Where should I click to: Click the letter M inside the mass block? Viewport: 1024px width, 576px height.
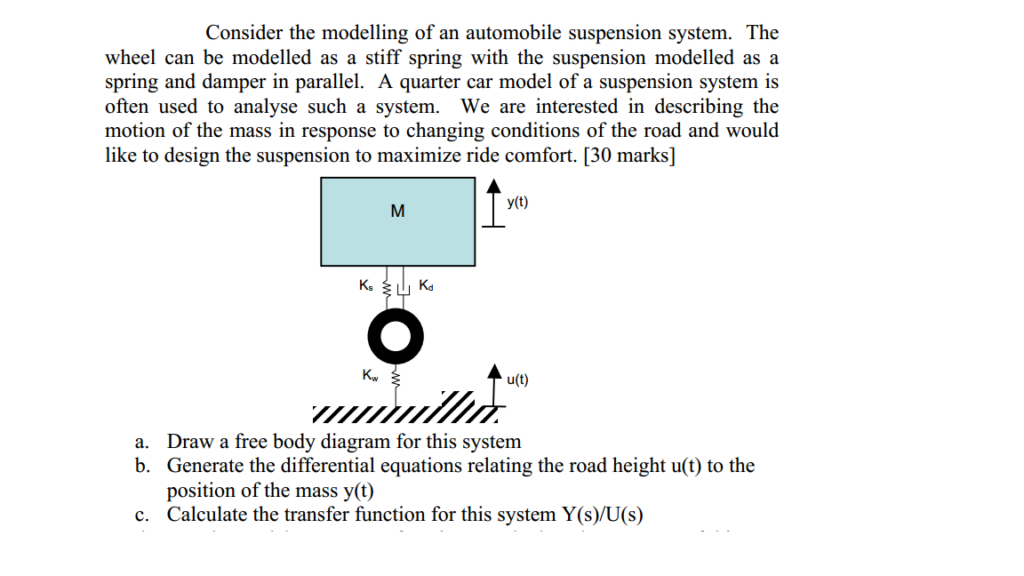click(397, 212)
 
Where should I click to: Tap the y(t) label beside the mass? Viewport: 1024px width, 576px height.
click(517, 203)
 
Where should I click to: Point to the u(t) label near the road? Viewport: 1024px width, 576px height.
click(517, 380)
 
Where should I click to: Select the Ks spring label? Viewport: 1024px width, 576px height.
click(366, 285)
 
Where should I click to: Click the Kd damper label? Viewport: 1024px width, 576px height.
click(426, 285)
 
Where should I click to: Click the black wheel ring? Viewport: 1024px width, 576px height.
click(395, 336)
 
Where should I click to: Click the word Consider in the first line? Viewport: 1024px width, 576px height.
click(244, 33)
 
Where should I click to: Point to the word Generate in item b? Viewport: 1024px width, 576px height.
click(211, 466)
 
